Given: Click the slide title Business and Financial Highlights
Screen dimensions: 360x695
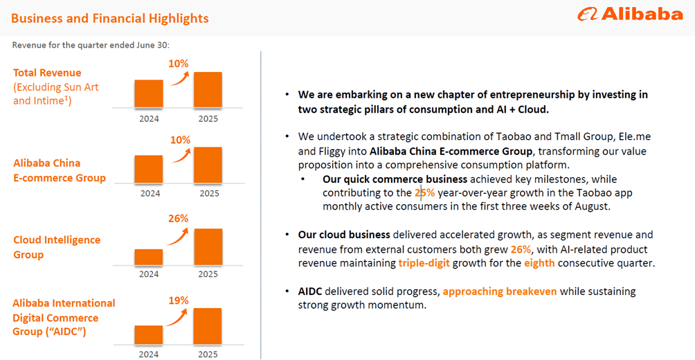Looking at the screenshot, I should pyautogui.click(x=109, y=18).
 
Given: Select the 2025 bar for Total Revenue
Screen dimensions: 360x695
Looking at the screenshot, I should pyautogui.click(x=208, y=89).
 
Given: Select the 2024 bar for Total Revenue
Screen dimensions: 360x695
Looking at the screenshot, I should pyautogui.click(x=149, y=93).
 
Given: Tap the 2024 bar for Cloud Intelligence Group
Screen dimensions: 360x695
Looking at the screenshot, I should pyautogui.click(x=149, y=257).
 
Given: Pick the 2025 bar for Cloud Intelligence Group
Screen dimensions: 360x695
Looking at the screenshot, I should pyautogui.click(x=208, y=246).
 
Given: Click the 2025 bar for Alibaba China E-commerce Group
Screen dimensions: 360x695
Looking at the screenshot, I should pyautogui.click(x=208, y=165).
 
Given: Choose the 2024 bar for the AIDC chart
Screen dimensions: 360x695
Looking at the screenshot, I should pyautogui.click(x=149, y=335).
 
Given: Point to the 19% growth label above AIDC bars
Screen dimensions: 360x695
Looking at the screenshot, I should pyautogui.click(x=179, y=300).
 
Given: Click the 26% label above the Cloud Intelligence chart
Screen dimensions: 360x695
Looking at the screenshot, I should pyautogui.click(x=179, y=219).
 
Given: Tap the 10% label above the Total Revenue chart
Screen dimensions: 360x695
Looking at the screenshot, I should pyautogui.click(x=179, y=64).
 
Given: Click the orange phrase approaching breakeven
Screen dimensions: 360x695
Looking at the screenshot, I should pyautogui.click(x=500, y=291).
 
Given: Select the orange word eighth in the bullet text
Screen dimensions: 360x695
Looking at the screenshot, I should pyautogui.click(x=539, y=263).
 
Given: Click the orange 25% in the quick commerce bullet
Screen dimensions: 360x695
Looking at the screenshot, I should pyautogui.click(x=424, y=193).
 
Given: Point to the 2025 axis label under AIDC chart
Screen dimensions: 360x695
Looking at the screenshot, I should pyautogui.click(x=208, y=353).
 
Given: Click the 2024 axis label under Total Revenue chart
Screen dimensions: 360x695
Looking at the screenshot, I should pyautogui.click(x=149, y=118).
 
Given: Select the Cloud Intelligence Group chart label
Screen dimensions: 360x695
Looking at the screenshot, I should pyautogui.click(x=57, y=247).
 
